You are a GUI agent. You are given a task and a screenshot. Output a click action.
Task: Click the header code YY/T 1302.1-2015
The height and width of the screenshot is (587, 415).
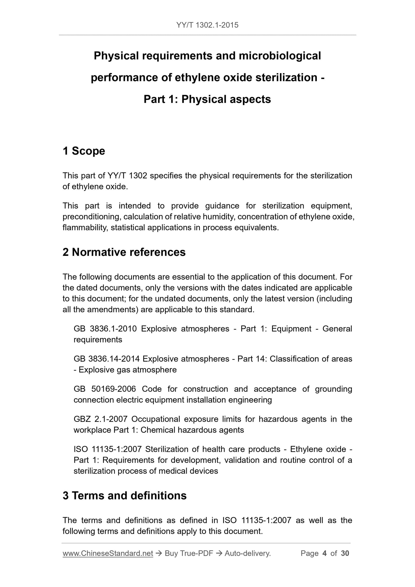(207, 25)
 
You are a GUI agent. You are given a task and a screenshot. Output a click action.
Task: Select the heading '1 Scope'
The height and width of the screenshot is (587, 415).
(84, 151)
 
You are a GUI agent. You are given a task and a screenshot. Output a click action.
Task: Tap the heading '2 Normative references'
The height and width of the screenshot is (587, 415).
(124, 252)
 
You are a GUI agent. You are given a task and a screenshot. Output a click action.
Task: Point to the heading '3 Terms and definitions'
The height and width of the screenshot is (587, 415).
(125, 496)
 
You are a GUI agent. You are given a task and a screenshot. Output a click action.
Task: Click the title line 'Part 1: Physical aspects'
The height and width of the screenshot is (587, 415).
(207, 99)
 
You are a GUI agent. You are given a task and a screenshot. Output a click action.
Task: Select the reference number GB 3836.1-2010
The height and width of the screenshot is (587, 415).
(105, 329)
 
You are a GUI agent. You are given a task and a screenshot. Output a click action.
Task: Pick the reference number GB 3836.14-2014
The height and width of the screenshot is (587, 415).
(107, 359)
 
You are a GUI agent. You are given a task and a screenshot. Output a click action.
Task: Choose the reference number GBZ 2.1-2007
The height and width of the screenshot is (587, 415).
(101, 419)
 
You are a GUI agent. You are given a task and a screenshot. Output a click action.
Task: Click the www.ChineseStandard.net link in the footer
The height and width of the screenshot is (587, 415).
(108, 553)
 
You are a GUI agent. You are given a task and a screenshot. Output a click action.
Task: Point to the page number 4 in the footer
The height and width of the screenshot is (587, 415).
(325, 553)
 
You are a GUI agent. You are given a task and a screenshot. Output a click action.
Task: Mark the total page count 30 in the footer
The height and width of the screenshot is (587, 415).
(345, 553)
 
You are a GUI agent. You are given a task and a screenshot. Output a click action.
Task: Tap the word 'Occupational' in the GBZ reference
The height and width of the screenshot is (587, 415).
(156, 419)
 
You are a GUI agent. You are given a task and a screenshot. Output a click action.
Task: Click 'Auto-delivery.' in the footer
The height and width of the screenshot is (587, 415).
(248, 553)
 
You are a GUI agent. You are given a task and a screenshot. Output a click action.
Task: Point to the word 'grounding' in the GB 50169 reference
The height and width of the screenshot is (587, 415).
(333, 389)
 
